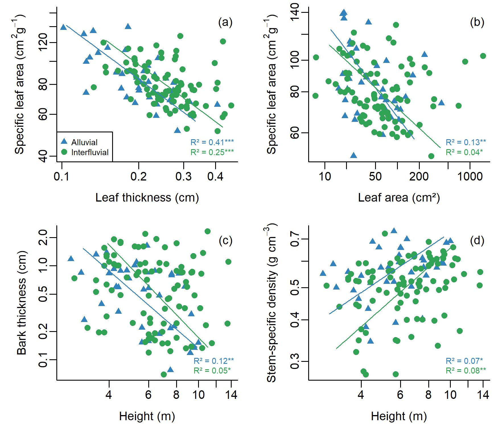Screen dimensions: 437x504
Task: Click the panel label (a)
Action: point(225,22)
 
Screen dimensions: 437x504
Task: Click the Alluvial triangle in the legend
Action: point(64,141)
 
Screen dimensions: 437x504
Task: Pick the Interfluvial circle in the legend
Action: point(64,152)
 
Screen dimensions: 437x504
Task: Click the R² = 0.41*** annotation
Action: point(212,142)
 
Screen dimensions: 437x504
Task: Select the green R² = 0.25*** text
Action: point(212,152)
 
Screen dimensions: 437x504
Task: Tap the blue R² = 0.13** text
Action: point(466,142)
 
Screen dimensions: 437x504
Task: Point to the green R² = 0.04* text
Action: point(464,152)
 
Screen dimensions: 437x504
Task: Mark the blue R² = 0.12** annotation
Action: point(214,361)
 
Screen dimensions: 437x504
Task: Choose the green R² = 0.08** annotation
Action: point(466,370)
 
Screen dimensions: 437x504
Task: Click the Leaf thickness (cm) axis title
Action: point(147,198)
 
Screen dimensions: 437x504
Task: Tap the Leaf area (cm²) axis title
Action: point(399,198)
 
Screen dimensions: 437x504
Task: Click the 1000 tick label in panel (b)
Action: point(470,177)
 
